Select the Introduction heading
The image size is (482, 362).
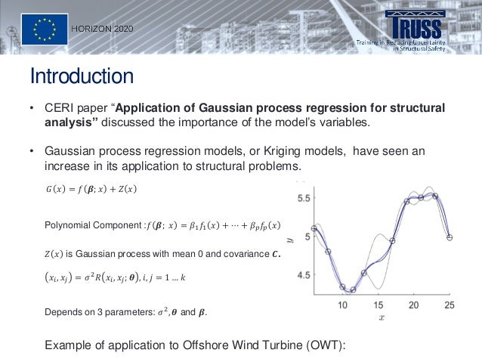(82, 76)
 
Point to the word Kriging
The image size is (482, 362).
(261, 151)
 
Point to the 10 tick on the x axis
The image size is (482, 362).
(342, 305)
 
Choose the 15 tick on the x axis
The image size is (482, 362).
(378, 305)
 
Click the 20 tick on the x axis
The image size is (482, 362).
(413, 305)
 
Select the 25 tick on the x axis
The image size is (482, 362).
(449, 305)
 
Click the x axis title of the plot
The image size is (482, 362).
(382, 318)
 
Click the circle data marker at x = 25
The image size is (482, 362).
(450, 237)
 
